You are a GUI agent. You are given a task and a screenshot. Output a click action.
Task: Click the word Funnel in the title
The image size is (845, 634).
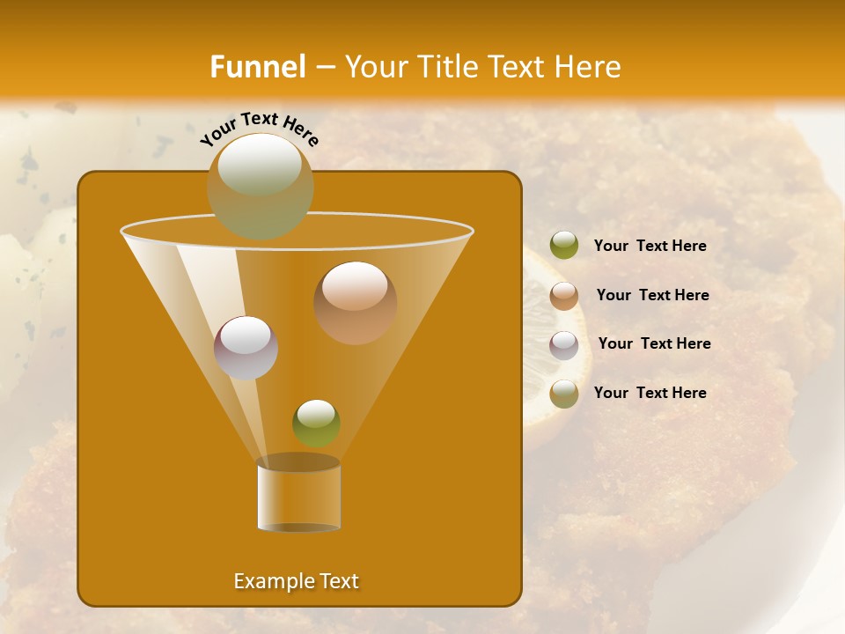pyautogui.click(x=258, y=67)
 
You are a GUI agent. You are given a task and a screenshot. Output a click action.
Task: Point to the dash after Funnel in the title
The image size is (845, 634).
pyautogui.click(x=325, y=68)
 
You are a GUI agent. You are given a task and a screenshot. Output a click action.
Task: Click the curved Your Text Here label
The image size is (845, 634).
pyautogui.click(x=260, y=128)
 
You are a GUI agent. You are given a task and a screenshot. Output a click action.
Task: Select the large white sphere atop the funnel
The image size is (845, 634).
pyautogui.click(x=260, y=185)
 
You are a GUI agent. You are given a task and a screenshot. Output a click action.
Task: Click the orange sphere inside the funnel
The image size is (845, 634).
pyautogui.click(x=355, y=302)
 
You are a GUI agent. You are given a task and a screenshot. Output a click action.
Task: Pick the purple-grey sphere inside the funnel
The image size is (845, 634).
pyautogui.click(x=246, y=347)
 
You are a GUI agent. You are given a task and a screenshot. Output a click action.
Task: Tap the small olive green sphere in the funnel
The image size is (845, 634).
pyautogui.click(x=316, y=423)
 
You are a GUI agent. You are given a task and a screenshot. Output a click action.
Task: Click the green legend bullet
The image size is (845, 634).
pyautogui.click(x=564, y=246)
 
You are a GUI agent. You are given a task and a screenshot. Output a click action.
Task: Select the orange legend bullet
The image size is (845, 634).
pyautogui.click(x=564, y=296)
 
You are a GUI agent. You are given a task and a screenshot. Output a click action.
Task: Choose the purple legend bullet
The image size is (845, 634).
pyautogui.click(x=564, y=345)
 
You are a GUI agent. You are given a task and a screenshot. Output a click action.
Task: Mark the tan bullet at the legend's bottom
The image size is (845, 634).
pyautogui.click(x=564, y=394)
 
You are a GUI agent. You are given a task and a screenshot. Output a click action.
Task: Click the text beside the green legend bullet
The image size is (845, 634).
pyautogui.click(x=650, y=246)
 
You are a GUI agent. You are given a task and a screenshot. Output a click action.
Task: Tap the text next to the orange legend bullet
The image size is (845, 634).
pyautogui.click(x=652, y=295)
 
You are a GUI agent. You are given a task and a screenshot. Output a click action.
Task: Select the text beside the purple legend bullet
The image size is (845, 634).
pyautogui.click(x=654, y=343)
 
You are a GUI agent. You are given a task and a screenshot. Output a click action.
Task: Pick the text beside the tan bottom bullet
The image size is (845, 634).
pyautogui.click(x=650, y=393)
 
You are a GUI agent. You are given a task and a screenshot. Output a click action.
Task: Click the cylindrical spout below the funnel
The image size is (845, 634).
pyautogui.click(x=298, y=495)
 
